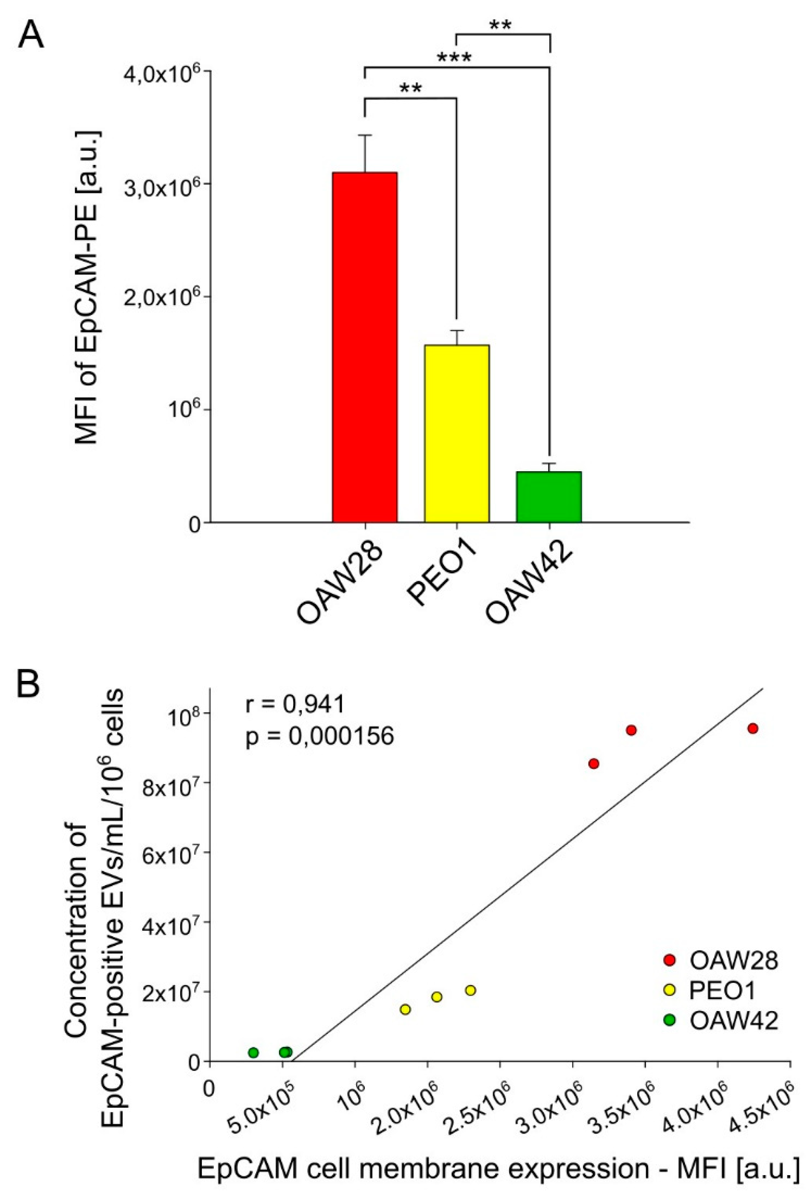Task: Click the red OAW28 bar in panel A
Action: (x=364, y=347)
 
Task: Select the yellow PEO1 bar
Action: (x=457, y=433)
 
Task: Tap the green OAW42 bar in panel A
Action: (x=549, y=497)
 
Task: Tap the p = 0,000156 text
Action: (x=319, y=737)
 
